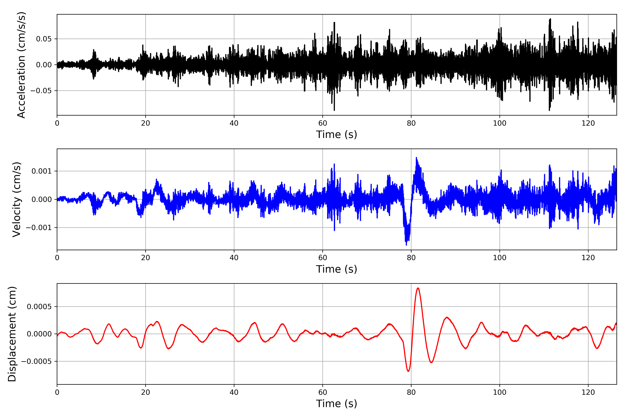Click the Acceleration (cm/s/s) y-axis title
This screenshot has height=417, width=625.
[21, 65]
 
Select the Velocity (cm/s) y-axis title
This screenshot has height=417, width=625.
[17, 199]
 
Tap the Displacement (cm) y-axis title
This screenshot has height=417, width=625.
[12, 334]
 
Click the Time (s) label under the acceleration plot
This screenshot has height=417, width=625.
[336, 134]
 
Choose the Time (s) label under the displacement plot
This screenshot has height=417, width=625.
[336, 404]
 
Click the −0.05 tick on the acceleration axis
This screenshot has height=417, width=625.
[41, 91]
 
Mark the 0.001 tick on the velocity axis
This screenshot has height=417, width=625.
[41, 171]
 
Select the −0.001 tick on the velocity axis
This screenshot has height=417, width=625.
[39, 228]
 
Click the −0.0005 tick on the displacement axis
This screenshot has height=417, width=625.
[36, 361]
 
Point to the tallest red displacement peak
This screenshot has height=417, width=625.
[418, 288]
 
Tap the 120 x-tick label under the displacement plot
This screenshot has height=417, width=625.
[588, 392]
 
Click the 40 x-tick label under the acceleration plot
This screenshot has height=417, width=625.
[234, 123]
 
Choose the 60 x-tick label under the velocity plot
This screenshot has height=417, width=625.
[323, 258]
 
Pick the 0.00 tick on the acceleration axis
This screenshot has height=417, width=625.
[44, 65]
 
